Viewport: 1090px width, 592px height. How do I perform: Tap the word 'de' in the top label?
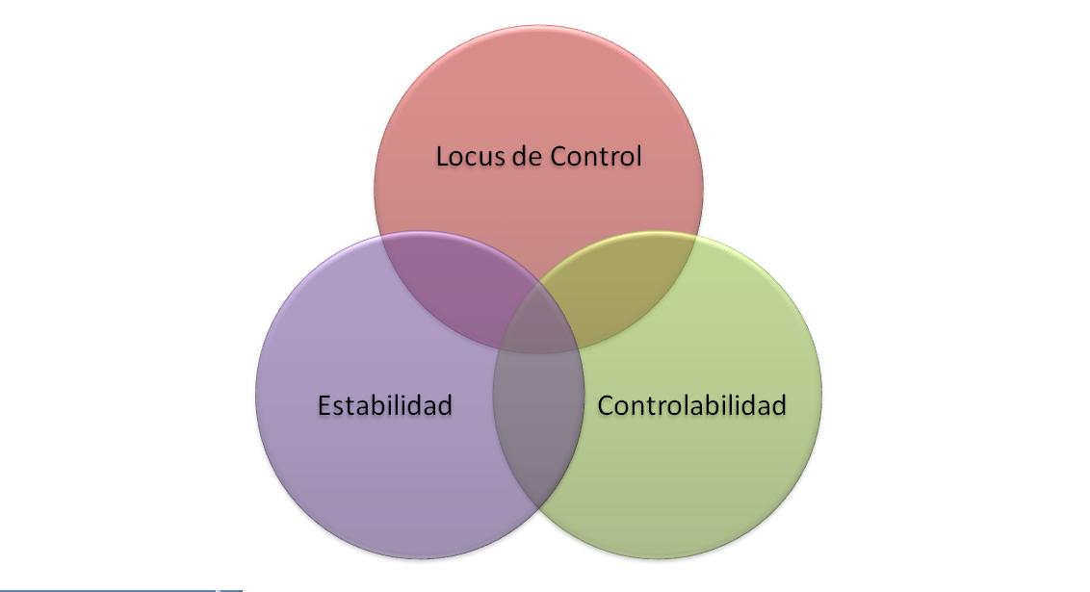point(527,156)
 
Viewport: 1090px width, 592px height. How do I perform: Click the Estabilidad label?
point(384,405)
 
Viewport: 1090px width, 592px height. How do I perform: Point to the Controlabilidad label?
point(691,405)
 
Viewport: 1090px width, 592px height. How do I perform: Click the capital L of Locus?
point(442,156)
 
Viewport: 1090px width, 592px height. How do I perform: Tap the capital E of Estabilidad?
point(324,405)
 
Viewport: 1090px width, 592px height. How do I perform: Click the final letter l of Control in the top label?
point(637,156)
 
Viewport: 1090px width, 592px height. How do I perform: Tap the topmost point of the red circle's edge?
point(538,25)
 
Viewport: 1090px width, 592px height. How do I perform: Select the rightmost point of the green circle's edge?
point(822,396)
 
